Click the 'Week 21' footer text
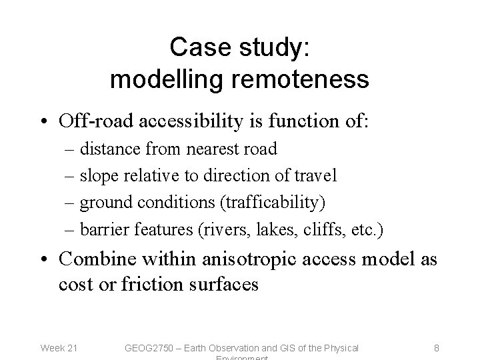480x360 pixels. (59, 347)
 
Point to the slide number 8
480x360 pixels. (436, 347)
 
